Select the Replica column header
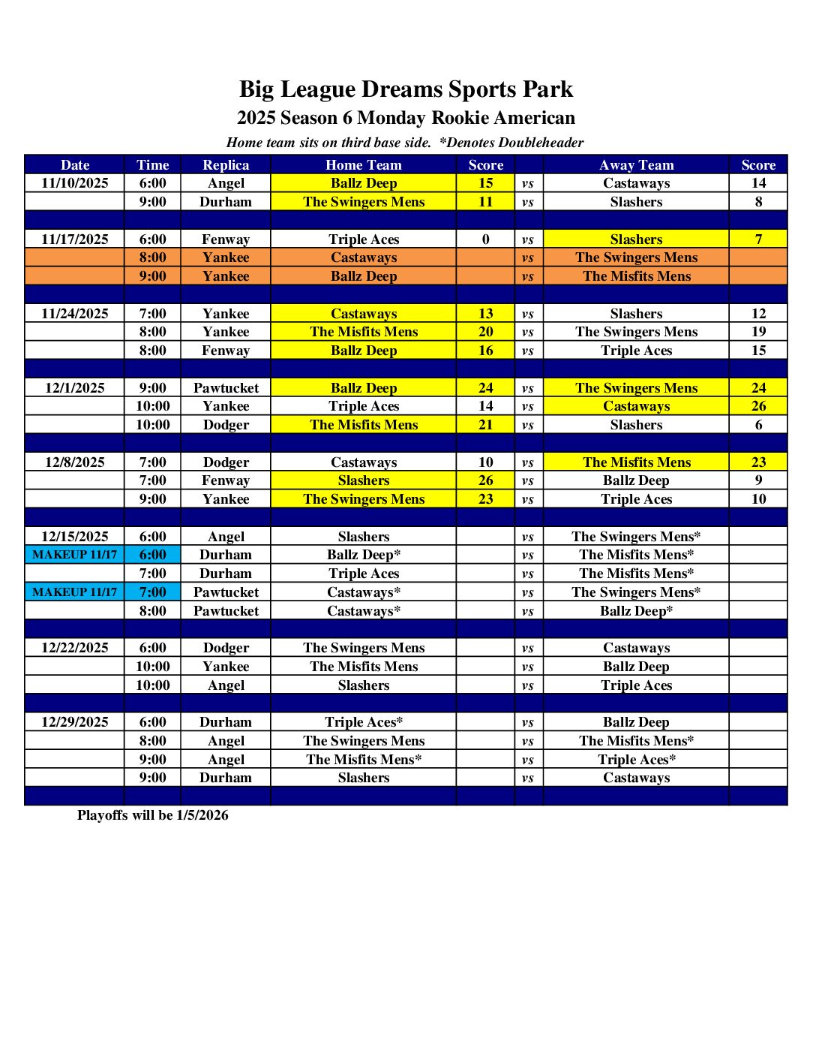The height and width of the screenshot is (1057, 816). [x=226, y=165]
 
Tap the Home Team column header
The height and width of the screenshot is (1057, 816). [x=364, y=165]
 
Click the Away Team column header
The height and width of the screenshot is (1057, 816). [x=636, y=165]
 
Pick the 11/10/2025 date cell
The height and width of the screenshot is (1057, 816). [x=75, y=183]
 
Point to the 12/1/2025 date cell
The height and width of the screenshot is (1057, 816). [x=75, y=388]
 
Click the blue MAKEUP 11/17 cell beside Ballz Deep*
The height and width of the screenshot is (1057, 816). [x=75, y=555]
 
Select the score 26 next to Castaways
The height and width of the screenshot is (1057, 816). [x=758, y=406]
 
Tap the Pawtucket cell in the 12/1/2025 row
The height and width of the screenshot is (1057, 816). [x=226, y=388]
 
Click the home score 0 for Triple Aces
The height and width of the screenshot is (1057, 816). [x=486, y=239]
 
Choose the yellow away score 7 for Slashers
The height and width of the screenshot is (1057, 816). [x=758, y=239]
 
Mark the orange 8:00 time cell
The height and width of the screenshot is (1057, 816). [x=153, y=257]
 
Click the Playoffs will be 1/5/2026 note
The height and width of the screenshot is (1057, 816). [x=153, y=815]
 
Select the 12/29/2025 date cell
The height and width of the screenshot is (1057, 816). [x=75, y=722]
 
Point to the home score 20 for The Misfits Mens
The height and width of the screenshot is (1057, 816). [x=486, y=332]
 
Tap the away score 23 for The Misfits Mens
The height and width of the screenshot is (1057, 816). [x=758, y=462]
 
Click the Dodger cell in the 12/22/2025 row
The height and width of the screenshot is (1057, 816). [x=226, y=648]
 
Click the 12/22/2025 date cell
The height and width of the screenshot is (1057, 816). [x=75, y=648]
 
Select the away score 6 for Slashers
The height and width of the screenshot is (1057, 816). [x=758, y=425]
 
